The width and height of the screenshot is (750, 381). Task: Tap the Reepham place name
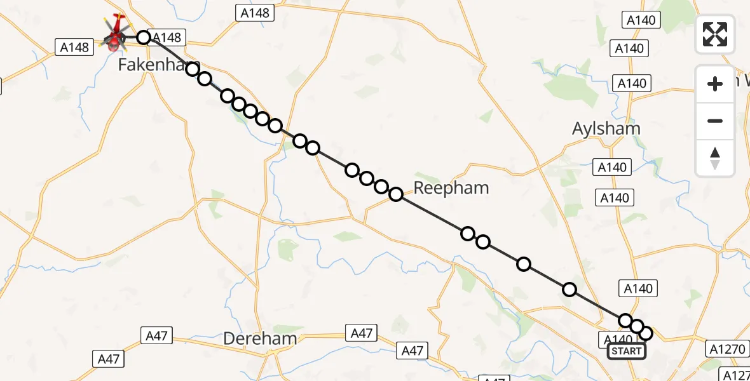451,187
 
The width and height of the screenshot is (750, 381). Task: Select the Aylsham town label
606,128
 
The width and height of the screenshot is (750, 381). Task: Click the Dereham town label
260,338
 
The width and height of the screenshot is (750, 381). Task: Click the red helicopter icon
115,34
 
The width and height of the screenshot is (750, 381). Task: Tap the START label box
626,351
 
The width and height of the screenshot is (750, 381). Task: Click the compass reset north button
715,157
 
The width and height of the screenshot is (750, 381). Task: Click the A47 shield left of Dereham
156,336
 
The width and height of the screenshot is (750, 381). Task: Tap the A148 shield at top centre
254,12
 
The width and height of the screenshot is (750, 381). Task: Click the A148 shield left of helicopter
74,46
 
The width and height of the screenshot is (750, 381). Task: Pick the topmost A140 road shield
641,20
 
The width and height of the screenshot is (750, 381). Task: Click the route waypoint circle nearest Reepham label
396,194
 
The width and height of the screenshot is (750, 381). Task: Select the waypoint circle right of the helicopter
144,37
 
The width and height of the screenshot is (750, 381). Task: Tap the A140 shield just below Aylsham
613,167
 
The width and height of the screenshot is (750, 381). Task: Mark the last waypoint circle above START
646,333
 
